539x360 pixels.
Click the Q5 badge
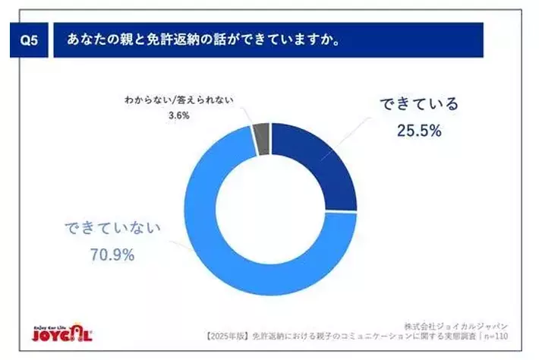pos(27,40)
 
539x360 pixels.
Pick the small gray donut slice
pos(262,138)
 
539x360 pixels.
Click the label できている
pos(419,104)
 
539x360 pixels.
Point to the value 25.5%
pos(419,130)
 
